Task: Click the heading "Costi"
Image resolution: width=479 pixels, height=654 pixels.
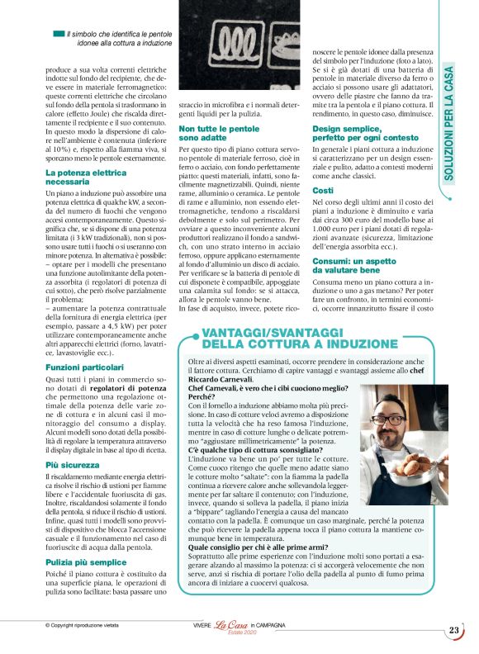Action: (x=324, y=190)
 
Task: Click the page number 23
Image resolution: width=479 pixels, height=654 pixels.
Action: (x=454, y=631)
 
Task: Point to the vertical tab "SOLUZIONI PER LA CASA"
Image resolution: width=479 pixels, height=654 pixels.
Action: (x=451, y=125)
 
